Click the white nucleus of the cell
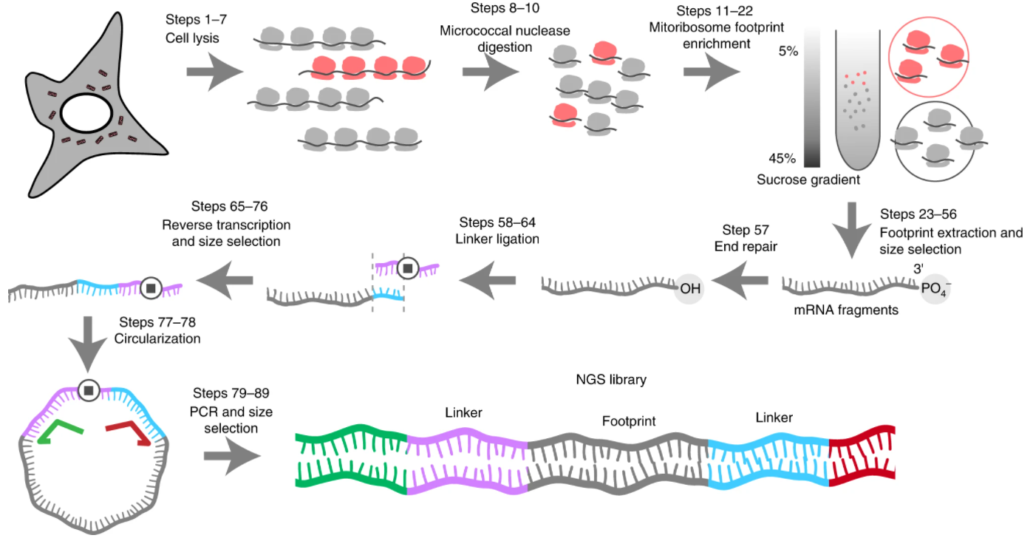tap(86, 113)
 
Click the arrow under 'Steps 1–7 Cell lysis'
tap(215, 72)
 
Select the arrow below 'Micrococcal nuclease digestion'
tap(491, 72)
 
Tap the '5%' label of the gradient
tap(788, 51)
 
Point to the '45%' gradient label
tap(782, 158)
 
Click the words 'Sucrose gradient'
tap(808, 180)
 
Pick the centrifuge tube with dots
tap(858, 99)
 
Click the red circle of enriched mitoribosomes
tap(928, 57)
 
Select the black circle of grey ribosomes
tap(935, 141)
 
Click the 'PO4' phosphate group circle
tap(935, 289)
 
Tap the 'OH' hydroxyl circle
tap(689, 289)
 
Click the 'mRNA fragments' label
tap(846, 310)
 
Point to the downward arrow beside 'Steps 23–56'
tap(852, 230)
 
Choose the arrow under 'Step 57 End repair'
tap(740, 281)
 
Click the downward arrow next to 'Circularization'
tap(87, 344)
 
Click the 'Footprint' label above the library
tap(629, 421)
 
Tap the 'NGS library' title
tap(611, 380)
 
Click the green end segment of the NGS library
tap(351, 459)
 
